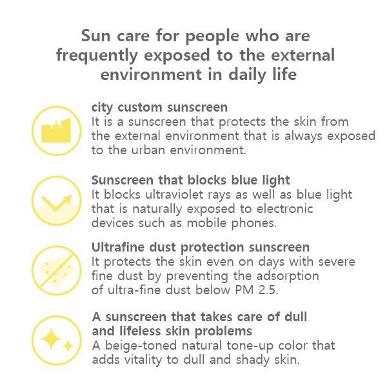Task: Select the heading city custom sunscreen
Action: (159, 107)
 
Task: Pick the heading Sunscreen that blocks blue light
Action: (191, 180)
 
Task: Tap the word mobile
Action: (215, 223)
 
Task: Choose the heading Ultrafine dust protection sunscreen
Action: (201, 248)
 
